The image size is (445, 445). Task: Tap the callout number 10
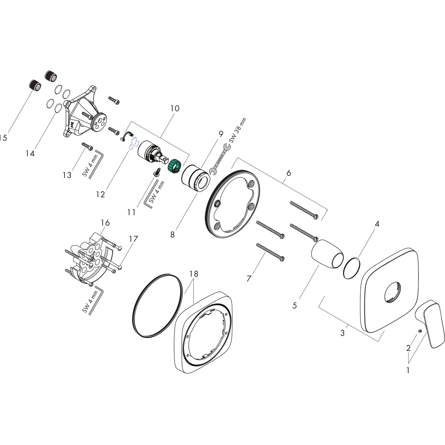[x=175, y=109]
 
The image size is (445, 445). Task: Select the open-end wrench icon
[x=219, y=159]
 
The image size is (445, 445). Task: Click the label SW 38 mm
[x=238, y=130]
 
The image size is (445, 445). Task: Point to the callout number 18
[x=194, y=274]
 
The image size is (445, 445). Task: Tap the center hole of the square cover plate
[x=391, y=293]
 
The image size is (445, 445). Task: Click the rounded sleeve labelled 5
[x=327, y=254]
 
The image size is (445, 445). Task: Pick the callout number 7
[x=249, y=279]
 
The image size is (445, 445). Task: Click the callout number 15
[x=3, y=138]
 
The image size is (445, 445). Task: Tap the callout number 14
[x=30, y=154]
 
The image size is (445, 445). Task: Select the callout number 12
[x=100, y=194]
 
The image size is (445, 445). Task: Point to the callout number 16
[x=105, y=223]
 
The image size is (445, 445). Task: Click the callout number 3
[x=342, y=333]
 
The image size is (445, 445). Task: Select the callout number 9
[x=221, y=134]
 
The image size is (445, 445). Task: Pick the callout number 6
[x=288, y=173]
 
